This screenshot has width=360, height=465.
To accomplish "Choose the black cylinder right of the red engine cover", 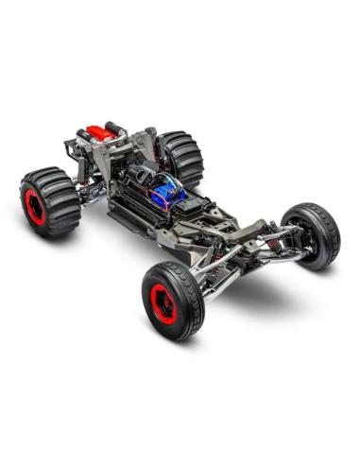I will click(x=116, y=128).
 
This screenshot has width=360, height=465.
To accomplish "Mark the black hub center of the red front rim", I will click(x=163, y=303).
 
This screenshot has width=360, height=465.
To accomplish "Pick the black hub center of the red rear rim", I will click(x=35, y=207).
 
